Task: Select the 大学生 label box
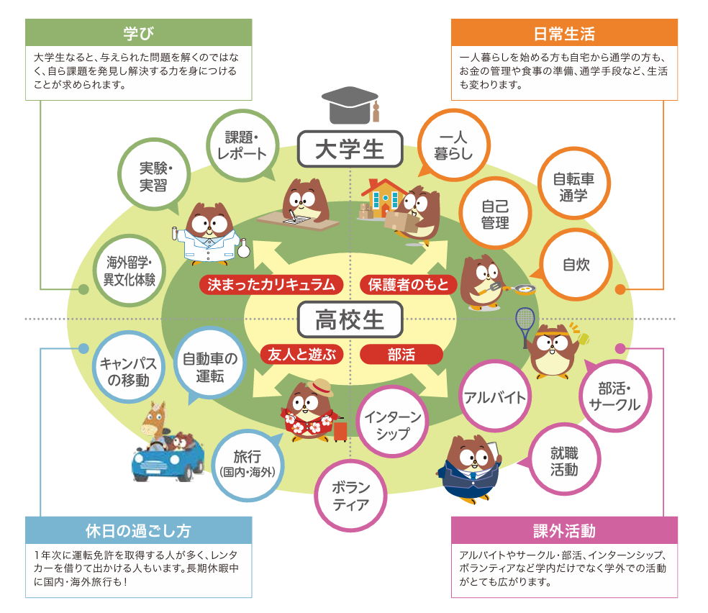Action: click(x=350, y=150)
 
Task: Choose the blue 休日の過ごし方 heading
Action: click(x=139, y=531)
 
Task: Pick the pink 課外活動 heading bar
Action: click(x=564, y=531)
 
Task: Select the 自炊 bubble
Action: click(x=576, y=264)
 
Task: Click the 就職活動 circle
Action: click(x=564, y=461)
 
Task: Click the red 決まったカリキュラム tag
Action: click(x=271, y=284)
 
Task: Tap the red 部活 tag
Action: click(x=401, y=354)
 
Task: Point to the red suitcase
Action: click(x=340, y=430)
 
